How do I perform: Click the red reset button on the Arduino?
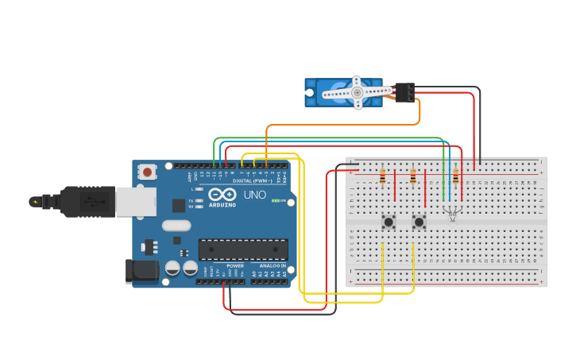tap(147, 171)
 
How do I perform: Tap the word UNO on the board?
tap(254, 195)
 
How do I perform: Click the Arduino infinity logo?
tap(222, 195)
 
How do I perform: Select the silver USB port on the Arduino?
tap(135, 202)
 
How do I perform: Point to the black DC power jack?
tap(142, 271)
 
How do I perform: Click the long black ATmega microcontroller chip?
tap(242, 250)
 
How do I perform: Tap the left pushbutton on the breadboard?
tap(389, 222)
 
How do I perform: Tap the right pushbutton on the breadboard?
tap(419, 222)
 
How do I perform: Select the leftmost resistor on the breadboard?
tap(383, 176)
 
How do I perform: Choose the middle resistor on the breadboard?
tap(413, 176)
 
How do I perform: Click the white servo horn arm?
tap(358, 92)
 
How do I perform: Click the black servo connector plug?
tap(405, 92)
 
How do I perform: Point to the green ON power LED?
tap(276, 200)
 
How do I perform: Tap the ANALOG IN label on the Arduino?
tap(273, 266)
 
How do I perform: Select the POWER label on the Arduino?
tap(235, 266)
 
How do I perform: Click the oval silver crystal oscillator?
tap(176, 225)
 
